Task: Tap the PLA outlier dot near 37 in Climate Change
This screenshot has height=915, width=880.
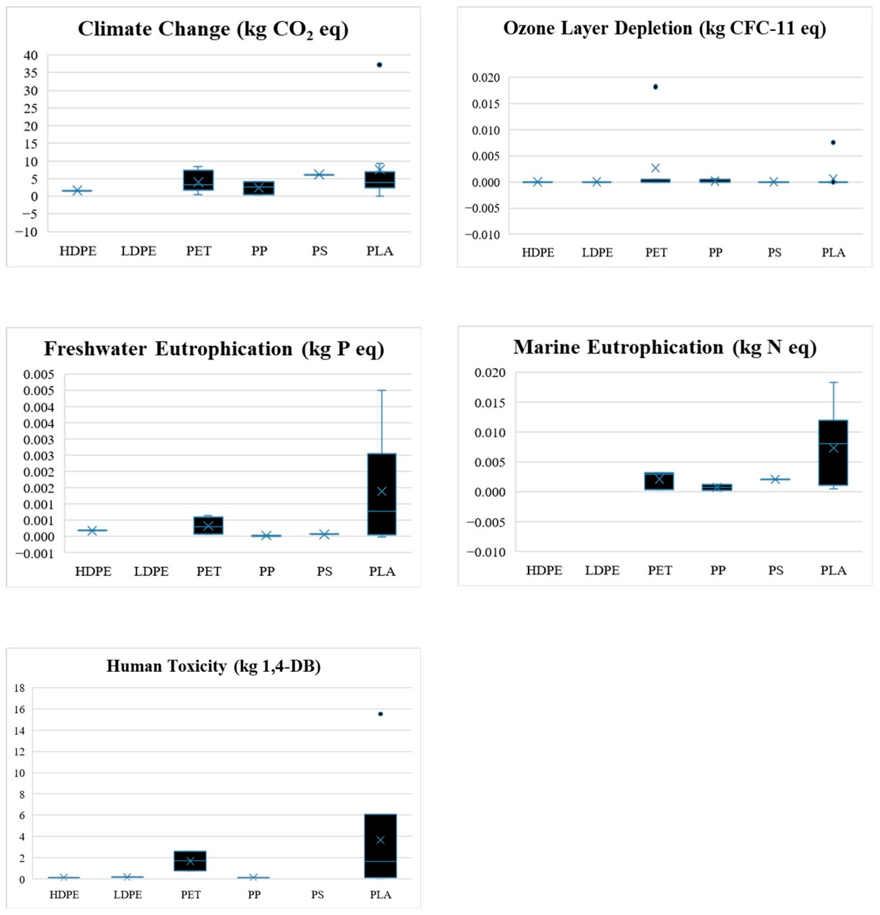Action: pyautogui.click(x=379, y=65)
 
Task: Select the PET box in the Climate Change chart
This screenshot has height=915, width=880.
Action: pyautogui.click(x=198, y=180)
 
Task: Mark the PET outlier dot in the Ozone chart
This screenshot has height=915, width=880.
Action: pyautogui.click(x=655, y=87)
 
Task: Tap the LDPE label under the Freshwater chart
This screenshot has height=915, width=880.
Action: pyautogui.click(x=151, y=571)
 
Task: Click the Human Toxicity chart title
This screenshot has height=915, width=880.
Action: pyautogui.click(x=213, y=666)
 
